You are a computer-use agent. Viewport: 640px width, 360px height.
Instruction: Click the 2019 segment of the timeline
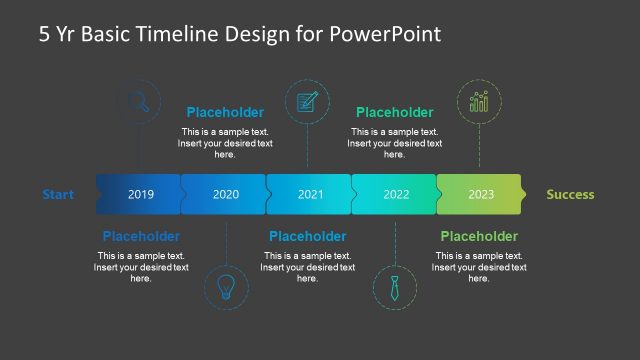(x=140, y=194)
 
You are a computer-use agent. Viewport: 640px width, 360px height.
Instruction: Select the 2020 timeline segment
(x=225, y=194)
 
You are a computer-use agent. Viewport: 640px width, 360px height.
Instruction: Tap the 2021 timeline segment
(x=310, y=194)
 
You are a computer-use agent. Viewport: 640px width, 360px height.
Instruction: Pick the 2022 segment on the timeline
(x=395, y=194)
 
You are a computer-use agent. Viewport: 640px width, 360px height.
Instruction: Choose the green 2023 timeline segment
(x=480, y=194)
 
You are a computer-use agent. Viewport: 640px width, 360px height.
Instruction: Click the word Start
(x=58, y=194)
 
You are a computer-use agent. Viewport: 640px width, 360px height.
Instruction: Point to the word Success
(x=570, y=194)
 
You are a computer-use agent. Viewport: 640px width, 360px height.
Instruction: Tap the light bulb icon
(x=226, y=285)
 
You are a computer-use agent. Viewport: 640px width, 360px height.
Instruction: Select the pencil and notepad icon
(x=307, y=101)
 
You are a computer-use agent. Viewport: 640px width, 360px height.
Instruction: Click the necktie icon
(x=395, y=285)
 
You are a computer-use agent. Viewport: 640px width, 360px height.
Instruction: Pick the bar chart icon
(x=479, y=101)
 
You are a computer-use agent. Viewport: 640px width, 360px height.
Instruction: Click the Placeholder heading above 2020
(x=225, y=113)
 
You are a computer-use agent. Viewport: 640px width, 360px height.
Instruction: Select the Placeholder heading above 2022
(x=394, y=113)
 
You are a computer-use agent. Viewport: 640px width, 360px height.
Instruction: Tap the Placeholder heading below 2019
(x=141, y=237)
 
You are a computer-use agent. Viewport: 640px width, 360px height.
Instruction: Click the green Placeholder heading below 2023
(x=479, y=237)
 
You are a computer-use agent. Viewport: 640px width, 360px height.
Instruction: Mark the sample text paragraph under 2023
(x=479, y=267)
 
